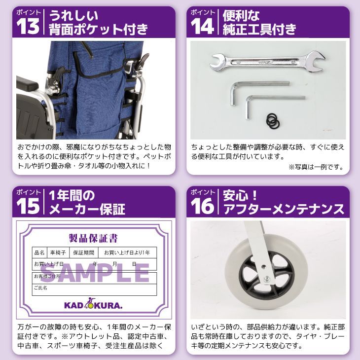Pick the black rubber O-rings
tap(273, 120)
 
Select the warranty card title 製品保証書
tap(94, 239)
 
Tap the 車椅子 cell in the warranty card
tap(59, 252)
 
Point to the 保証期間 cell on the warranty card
tap(83, 252)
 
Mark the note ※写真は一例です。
tap(315, 167)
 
